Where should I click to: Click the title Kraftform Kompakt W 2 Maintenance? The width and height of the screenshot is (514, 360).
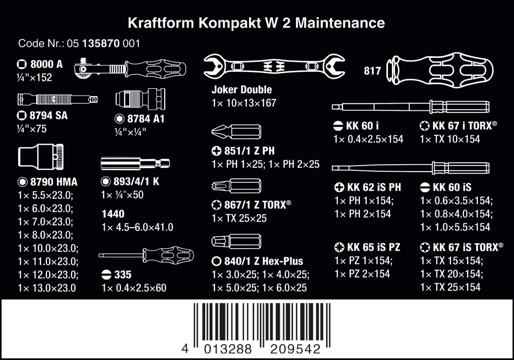coord(256,23)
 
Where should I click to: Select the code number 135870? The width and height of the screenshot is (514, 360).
coord(101,43)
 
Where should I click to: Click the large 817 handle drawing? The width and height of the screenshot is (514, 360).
coord(440,70)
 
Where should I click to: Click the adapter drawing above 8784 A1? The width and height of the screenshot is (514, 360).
coord(140,99)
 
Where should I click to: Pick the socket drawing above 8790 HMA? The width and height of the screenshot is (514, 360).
coord(41,157)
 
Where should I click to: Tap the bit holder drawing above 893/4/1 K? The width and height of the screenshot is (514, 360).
coord(135,163)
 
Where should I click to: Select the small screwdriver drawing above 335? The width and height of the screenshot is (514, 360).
coord(146,255)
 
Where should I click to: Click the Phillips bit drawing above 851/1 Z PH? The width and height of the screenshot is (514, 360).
coord(236,132)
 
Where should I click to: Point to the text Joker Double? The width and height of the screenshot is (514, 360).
coord(242,89)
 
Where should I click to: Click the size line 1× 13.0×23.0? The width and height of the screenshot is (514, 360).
coord(47,288)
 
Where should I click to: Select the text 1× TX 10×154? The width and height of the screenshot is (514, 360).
coord(450,139)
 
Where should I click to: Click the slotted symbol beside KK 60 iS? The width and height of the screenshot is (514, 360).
coord(425,187)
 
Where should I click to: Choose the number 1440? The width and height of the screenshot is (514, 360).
coord(113,214)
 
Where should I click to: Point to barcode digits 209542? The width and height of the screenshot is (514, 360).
coord(295,349)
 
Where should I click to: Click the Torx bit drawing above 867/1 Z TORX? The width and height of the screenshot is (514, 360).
coord(236,186)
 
